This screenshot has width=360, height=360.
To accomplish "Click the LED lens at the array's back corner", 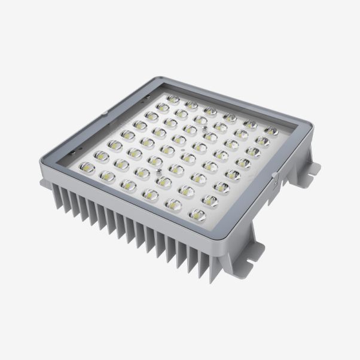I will [x=173, y=99].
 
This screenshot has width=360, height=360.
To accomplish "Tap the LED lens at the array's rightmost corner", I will [x=271, y=130].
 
